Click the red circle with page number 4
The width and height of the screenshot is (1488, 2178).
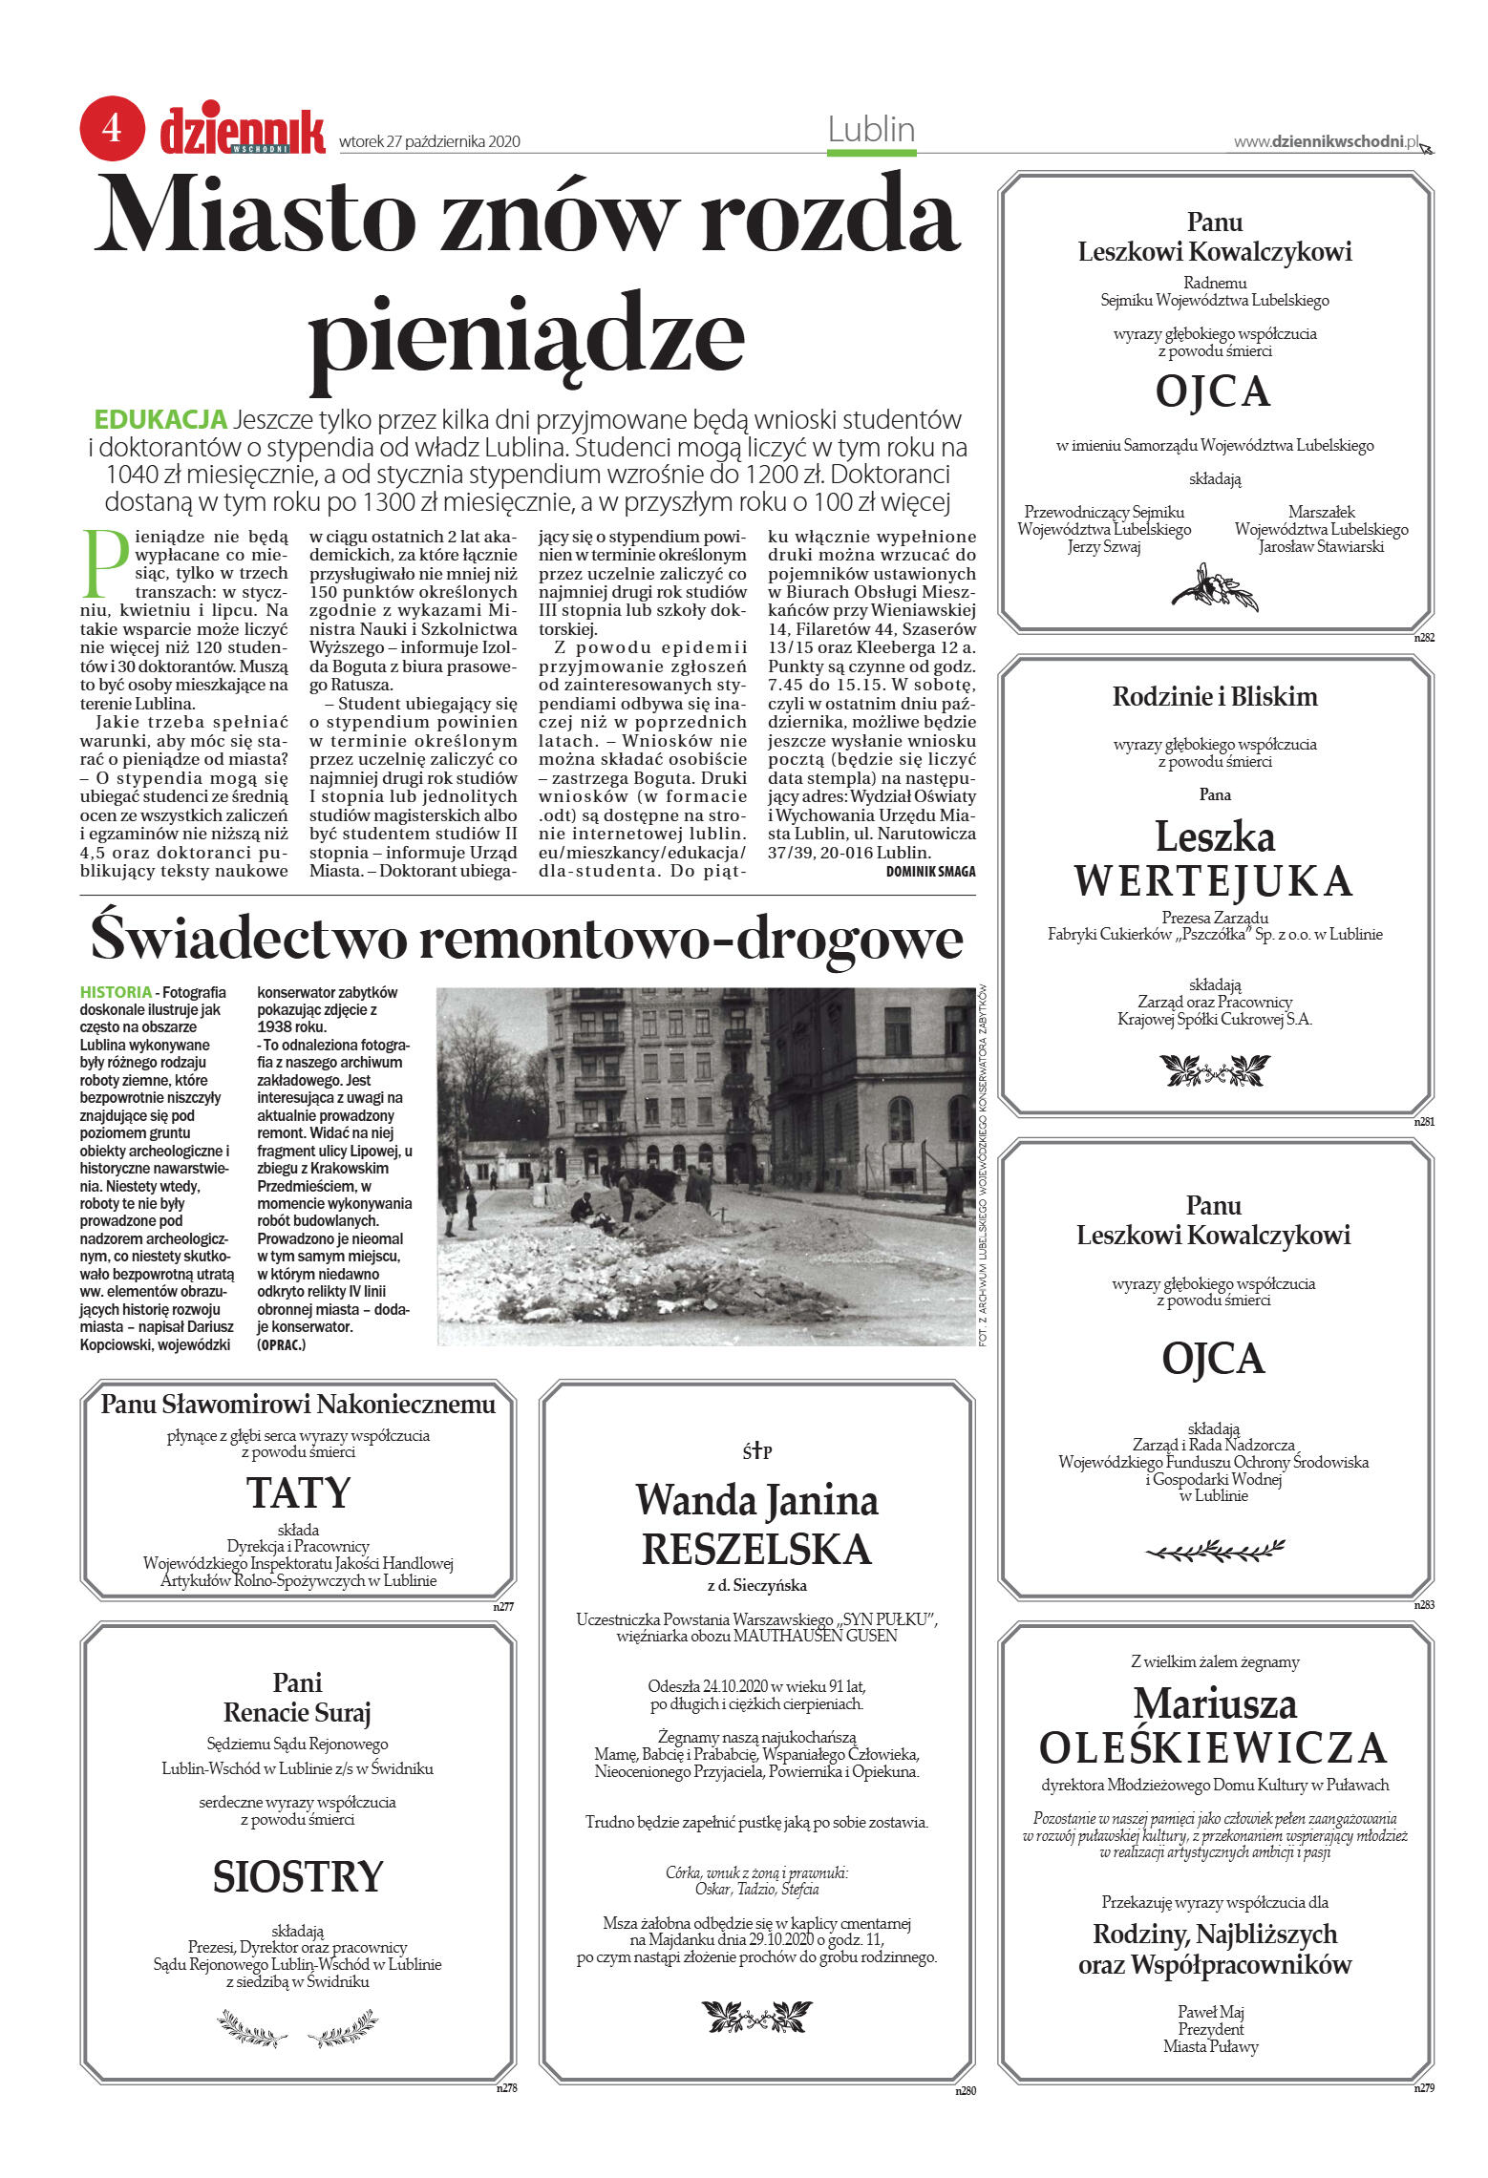[x=112, y=128]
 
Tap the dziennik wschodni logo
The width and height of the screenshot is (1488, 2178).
[x=243, y=131]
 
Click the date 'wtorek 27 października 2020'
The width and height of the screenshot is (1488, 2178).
[x=430, y=142]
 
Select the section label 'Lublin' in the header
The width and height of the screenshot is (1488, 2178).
[x=871, y=130]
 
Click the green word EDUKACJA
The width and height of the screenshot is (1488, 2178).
[x=160, y=419]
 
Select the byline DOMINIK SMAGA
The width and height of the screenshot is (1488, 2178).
[x=930, y=871]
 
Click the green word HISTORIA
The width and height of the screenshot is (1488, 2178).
[x=116, y=992]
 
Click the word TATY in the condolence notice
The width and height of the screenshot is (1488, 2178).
[x=298, y=1493]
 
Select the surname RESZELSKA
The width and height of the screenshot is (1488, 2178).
[x=756, y=1549]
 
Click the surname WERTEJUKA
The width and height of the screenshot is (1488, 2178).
[x=1214, y=880]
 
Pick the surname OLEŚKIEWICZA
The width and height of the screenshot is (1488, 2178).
[x=1213, y=1748]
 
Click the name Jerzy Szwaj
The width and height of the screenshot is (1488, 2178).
[x=1104, y=547]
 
